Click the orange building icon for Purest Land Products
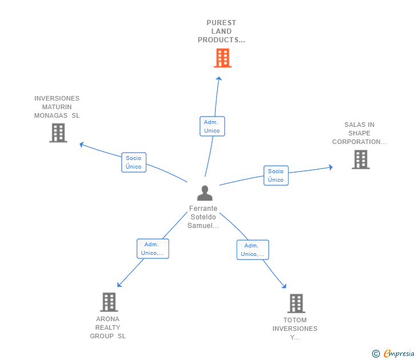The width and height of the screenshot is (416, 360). pyautogui.click(x=222, y=58)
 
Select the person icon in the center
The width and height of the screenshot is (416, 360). pyautogui.click(x=205, y=193)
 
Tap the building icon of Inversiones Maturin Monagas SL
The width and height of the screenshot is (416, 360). pyautogui.click(x=58, y=133)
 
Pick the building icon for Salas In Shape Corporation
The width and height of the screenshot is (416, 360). pyautogui.click(x=361, y=159)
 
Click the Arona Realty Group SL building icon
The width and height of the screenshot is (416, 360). pyautogui.click(x=109, y=302)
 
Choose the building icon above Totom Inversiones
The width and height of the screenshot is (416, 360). pyautogui.click(x=295, y=303)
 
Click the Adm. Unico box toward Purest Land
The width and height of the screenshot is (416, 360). pyautogui.click(x=212, y=126)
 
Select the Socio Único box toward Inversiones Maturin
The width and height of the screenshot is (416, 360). pyautogui.click(x=134, y=162)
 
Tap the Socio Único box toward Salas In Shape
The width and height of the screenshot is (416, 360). pyautogui.click(x=275, y=175)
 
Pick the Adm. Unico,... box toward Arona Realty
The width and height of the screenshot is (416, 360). pyautogui.click(x=153, y=249)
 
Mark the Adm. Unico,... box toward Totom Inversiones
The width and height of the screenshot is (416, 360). pyautogui.click(x=253, y=250)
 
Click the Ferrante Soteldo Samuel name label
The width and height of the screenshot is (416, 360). pyautogui.click(x=203, y=217)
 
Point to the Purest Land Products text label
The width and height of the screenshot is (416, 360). pyautogui.click(x=221, y=31)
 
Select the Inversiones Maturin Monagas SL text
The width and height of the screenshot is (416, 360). pyautogui.click(x=57, y=107)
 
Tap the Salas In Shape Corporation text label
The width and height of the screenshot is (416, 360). pyautogui.click(x=359, y=133)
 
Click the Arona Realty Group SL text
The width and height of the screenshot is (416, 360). pyautogui.click(x=108, y=327)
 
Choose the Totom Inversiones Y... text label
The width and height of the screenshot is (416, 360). pyautogui.click(x=295, y=329)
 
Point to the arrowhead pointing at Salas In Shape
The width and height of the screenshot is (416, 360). pyautogui.click(x=330, y=167)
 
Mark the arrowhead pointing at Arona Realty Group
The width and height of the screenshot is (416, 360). pyautogui.click(x=119, y=285)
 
